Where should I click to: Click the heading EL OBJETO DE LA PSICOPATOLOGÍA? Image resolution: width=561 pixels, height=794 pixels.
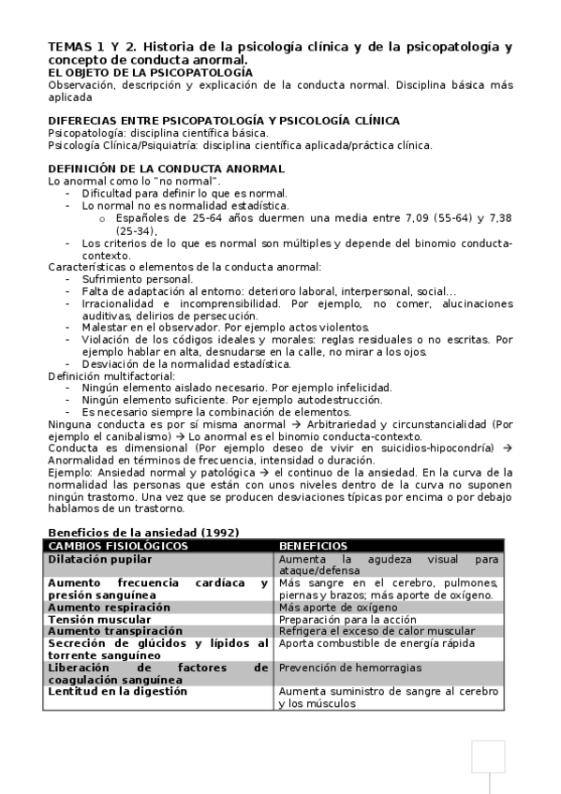point(150,72)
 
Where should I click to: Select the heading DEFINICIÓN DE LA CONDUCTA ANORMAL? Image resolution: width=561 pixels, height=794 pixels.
point(166,169)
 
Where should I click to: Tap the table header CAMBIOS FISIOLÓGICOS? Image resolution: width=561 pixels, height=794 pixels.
point(118,546)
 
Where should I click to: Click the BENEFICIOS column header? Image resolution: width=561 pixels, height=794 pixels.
point(313,546)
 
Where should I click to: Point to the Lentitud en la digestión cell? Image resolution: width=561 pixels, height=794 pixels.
point(118,691)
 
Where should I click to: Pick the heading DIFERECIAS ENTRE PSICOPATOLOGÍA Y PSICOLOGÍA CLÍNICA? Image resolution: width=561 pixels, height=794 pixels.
point(224,121)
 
